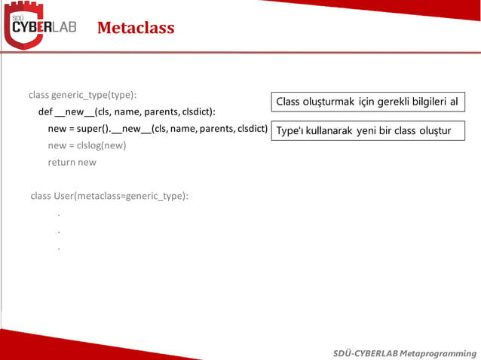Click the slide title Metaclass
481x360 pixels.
pos(136,29)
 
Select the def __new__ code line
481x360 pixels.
pos(127,111)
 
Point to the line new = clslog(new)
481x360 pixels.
pos(87,145)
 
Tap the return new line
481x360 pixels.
pos(72,161)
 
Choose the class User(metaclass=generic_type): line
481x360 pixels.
pos(109,196)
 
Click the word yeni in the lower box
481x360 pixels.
pos(366,131)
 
